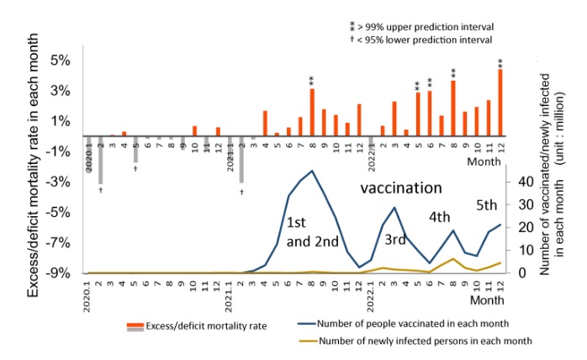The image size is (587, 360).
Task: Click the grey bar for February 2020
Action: (100, 160)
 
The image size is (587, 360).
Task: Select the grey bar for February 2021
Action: (241, 159)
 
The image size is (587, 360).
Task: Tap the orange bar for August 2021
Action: (312, 113)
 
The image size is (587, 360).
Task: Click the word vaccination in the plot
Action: (402, 188)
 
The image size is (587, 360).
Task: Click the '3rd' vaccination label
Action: (395, 240)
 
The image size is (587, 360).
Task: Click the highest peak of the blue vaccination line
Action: (313, 171)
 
